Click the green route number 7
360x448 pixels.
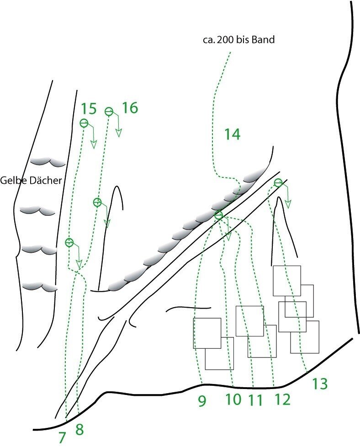(63, 437)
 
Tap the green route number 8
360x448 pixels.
(79, 429)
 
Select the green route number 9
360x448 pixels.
(202, 401)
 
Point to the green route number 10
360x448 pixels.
(233, 399)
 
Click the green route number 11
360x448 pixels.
(255, 400)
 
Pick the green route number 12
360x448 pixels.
(282, 399)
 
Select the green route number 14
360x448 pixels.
(232, 134)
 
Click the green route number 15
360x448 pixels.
(89, 109)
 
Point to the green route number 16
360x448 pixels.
(130, 108)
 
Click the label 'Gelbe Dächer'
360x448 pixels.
(31, 180)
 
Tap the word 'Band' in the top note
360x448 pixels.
(263, 39)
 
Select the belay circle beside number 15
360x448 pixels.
(84, 123)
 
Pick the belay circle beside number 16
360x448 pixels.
(109, 112)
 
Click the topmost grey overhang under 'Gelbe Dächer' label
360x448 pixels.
(48, 161)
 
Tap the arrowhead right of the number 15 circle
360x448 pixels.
(93, 144)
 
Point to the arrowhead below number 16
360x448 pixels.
(119, 133)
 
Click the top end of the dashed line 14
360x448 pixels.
(230, 53)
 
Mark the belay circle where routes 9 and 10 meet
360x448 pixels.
(219, 215)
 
